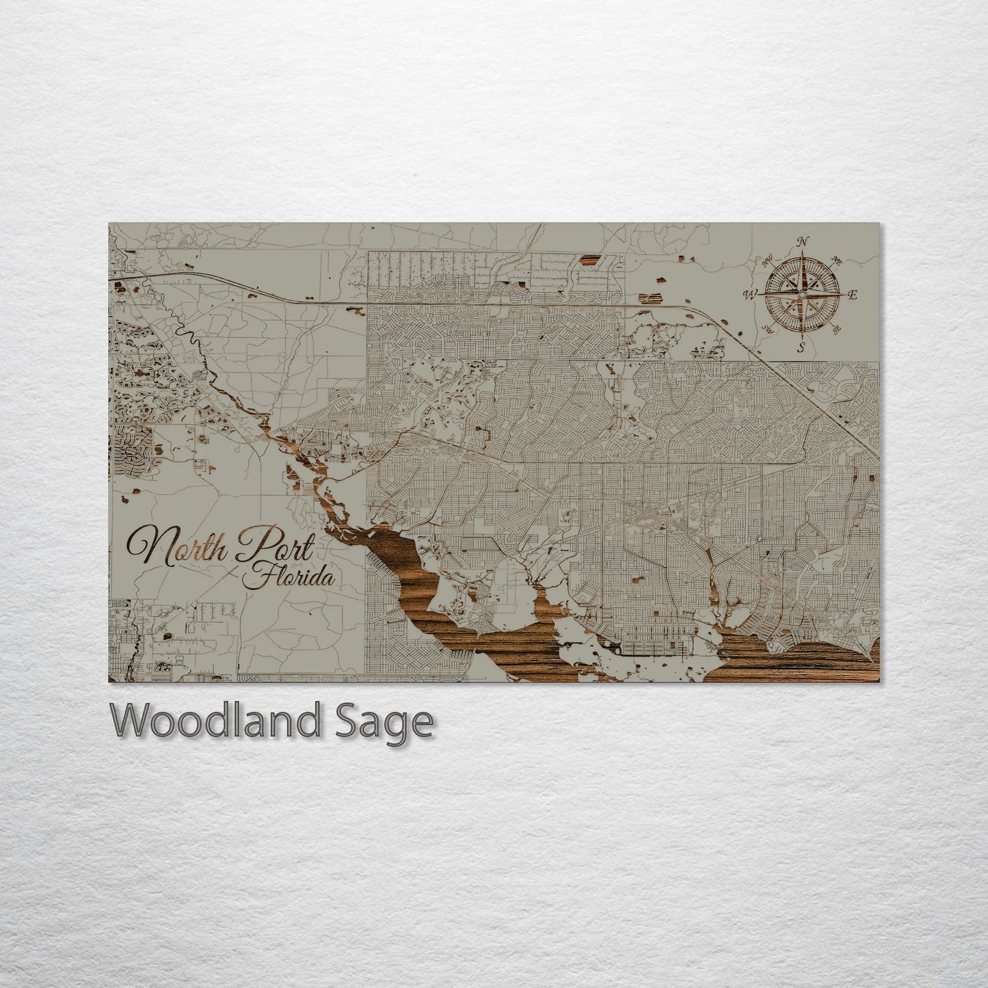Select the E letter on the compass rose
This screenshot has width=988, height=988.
pos(853,295)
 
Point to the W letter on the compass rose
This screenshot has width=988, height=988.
pos(750,295)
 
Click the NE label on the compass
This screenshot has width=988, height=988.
pos(836,261)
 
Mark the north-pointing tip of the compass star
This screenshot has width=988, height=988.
pos(802,252)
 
